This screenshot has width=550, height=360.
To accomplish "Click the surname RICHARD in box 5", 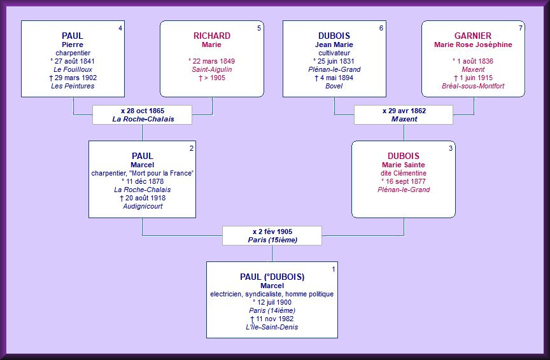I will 212,36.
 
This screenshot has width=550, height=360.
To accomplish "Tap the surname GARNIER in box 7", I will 473,36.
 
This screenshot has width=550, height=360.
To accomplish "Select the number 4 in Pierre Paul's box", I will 120,28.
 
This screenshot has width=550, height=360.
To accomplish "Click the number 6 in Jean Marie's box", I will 381,28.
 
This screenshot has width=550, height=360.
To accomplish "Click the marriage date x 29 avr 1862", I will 404,111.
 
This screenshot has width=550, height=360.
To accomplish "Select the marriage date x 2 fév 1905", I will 272,232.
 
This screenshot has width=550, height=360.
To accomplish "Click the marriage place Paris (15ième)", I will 272,240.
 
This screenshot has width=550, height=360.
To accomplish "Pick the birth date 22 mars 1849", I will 212,61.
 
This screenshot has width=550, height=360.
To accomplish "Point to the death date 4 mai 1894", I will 334,78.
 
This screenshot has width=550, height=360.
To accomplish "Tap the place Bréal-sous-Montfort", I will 473,86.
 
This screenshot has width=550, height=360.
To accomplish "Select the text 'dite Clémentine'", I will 404,173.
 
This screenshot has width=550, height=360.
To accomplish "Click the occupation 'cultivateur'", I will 334,53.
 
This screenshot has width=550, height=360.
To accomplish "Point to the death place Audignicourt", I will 142,206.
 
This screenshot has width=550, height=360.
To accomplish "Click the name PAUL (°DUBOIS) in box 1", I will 272,277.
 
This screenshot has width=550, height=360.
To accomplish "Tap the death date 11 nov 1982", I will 272,319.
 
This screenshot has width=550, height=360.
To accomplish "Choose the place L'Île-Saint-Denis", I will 272,327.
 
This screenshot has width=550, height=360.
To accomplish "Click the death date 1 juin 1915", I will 473,78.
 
